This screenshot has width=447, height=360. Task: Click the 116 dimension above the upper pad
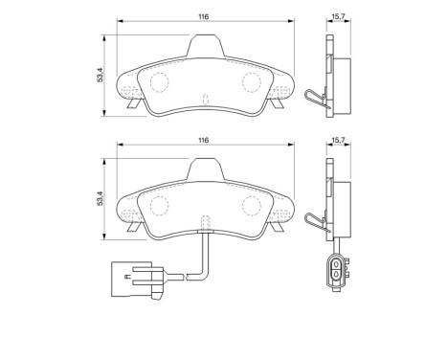click(x=203, y=16)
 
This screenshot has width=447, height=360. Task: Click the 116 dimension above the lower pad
click(x=203, y=140)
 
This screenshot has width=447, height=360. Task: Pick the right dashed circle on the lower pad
click(x=254, y=205)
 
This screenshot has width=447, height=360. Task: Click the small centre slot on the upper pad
click(x=206, y=98)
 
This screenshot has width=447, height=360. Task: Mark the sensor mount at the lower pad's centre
click(x=204, y=225)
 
